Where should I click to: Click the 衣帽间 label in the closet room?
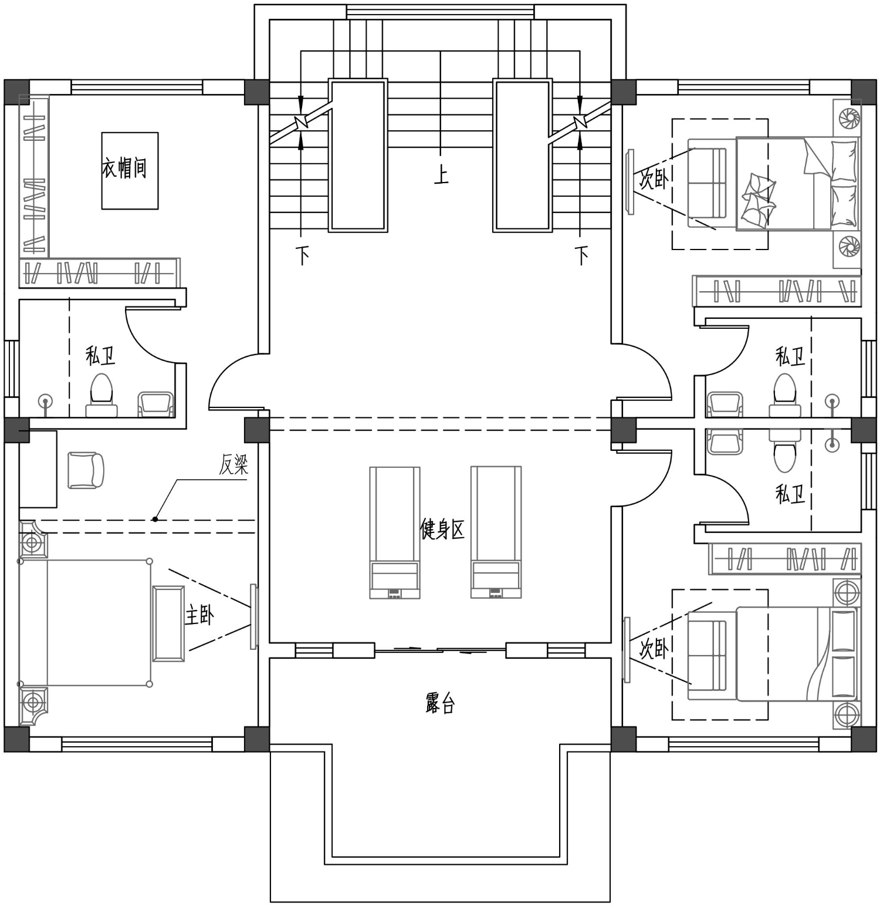(x=124, y=168)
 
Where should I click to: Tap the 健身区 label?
(x=442, y=529)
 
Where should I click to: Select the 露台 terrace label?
(x=440, y=703)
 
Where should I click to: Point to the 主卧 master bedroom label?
(x=199, y=615)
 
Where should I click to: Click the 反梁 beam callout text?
(x=234, y=464)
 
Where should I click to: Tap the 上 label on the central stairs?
(x=441, y=175)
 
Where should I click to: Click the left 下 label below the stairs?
(x=302, y=255)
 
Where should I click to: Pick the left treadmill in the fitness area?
(x=395, y=532)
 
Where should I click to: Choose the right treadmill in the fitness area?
(x=496, y=532)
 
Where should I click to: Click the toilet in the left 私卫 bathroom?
(x=101, y=396)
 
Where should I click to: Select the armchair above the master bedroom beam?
(x=86, y=470)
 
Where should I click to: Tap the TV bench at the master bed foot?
(x=169, y=623)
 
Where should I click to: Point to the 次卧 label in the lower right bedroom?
(x=654, y=649)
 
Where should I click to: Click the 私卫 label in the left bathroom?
(x=100, y=356)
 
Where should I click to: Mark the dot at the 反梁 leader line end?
(x=155, y=519)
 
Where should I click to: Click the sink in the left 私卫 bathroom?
(x=155, y=405)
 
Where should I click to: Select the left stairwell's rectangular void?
(x=358, y=155)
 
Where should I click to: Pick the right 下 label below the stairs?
(x=581, y=255)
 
